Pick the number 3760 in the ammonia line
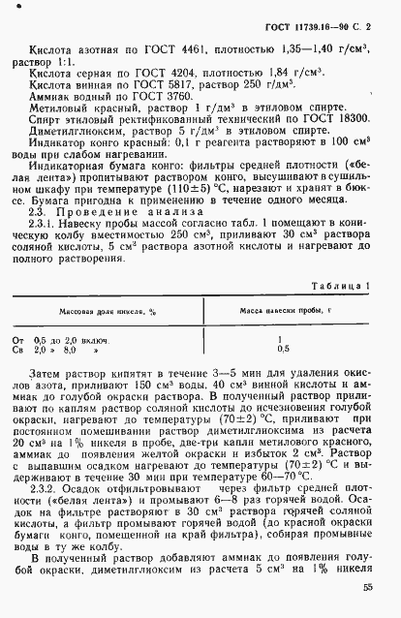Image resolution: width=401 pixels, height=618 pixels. tap(182, 100)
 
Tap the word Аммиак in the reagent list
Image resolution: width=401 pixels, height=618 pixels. tap(54, 100)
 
